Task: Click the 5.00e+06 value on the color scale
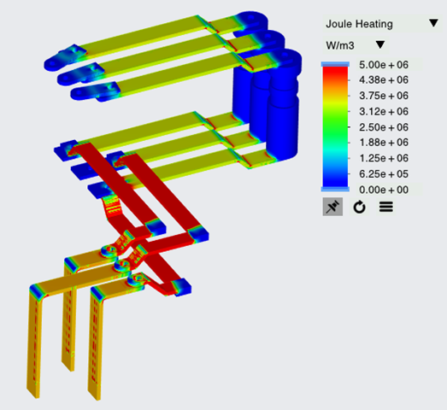click(x=384, y=65)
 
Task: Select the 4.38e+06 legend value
click(x=384, y=80)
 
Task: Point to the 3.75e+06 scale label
click(x=384, y=96)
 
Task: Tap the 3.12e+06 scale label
click(x=384, y=111)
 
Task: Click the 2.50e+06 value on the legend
click(x=384, y=127)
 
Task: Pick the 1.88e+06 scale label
click(x=384, y=143)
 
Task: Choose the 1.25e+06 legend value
click(x=384, y=158)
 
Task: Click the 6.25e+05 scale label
click(x=384, y=173)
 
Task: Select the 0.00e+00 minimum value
click(x=384, y=190)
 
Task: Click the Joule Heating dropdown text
click(x=359, y=24)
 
